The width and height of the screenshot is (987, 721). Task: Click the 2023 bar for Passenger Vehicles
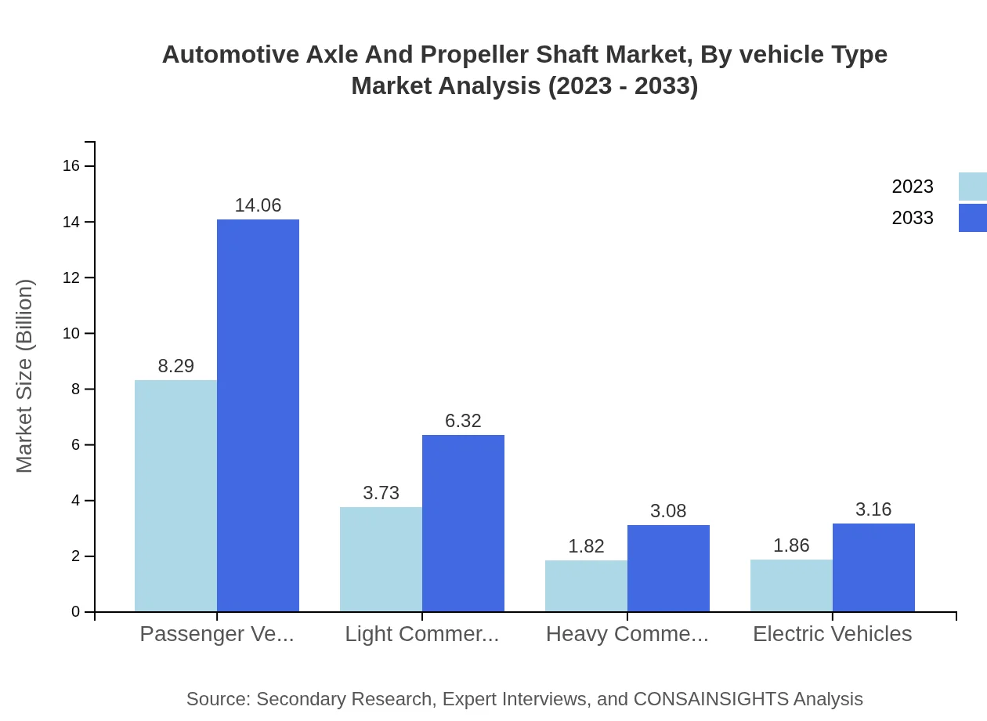[x=175, y=495]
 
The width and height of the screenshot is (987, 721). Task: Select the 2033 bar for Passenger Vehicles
[x=258, y=415]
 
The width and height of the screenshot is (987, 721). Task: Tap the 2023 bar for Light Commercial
[x=381, y=559]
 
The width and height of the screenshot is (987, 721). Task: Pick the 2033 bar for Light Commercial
[x=463, y=523]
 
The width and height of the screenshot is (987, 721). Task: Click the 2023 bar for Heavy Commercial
[x=586, y=585]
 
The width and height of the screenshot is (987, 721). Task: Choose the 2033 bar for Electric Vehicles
[x=873, y=567]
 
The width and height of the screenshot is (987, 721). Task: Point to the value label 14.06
[x=258, y=205]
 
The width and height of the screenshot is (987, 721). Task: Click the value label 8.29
[x=175, y=366]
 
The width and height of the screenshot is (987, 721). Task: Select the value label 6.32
[x=463, y=421]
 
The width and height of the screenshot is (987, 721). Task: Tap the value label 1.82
[x=586, y=546]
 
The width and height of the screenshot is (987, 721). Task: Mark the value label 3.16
[x=873, y=509]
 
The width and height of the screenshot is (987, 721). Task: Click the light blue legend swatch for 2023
[x=972, y=187]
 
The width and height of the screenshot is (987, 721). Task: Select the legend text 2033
[x=913, y=218]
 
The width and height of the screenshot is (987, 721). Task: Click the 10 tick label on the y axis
[x=71, y=333]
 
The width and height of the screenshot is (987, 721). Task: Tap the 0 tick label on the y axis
[x=76, y=611]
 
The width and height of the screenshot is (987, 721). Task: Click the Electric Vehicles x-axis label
[x=832, y=633]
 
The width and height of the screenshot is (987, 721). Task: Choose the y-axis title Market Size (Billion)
[x=25, y=376]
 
